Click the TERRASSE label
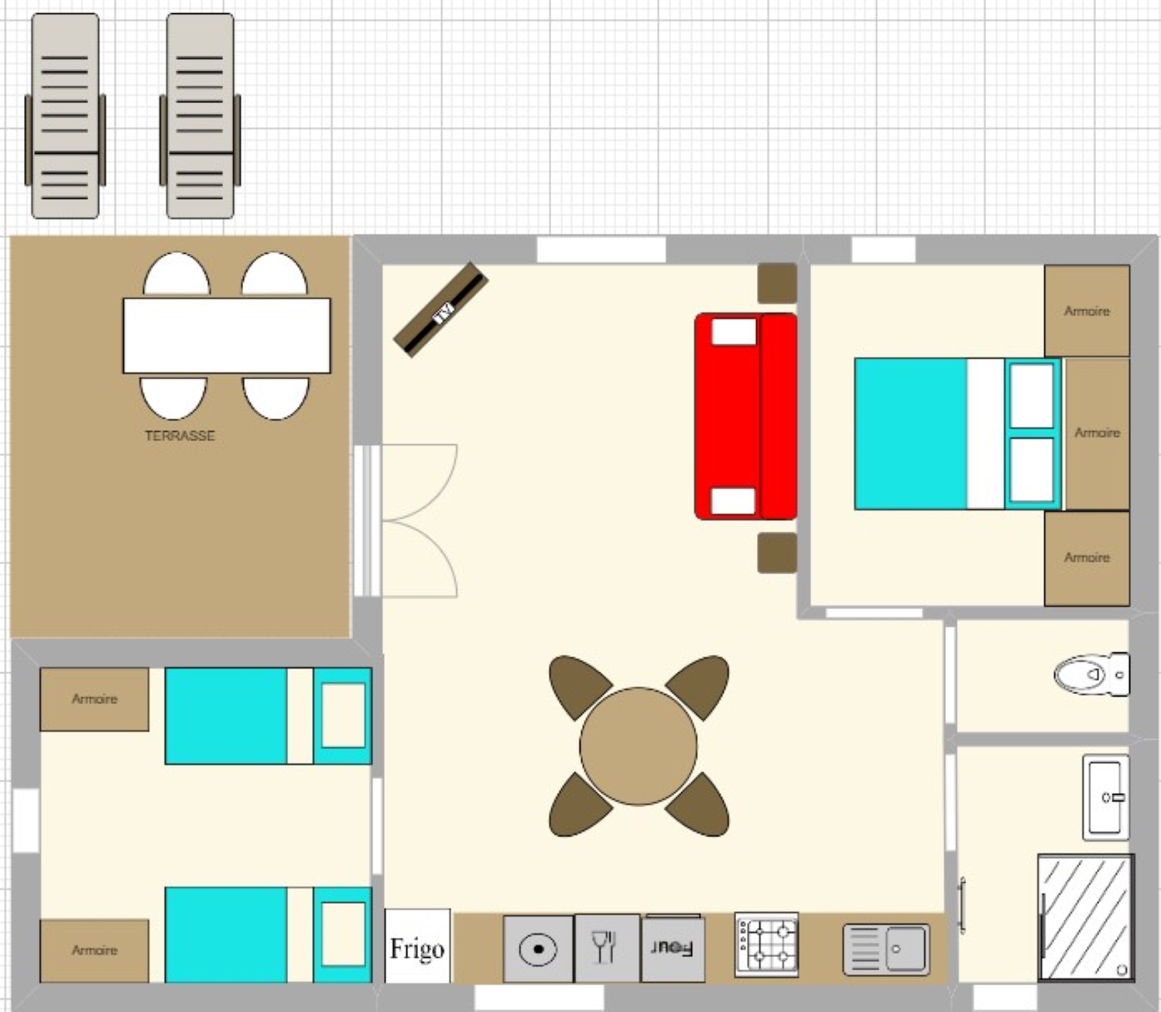[180, 436]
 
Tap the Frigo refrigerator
[418, 945]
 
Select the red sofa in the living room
[745, 416]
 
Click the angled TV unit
[441, 309]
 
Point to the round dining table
[639, 746]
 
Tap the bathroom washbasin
[1105, 797]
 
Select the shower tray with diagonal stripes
[1086, 918]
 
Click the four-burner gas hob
[766, 945]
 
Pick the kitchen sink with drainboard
[886, 949]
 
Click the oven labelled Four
[673, 948]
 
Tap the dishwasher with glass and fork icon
[608, 947]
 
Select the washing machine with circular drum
[538, 949]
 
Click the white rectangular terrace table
[227, 336]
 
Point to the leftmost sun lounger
[65, 116]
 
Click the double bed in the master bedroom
[958, 434]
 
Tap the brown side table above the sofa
[777, 283]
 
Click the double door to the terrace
[406, 521]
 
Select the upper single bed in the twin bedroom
[269, 716]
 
